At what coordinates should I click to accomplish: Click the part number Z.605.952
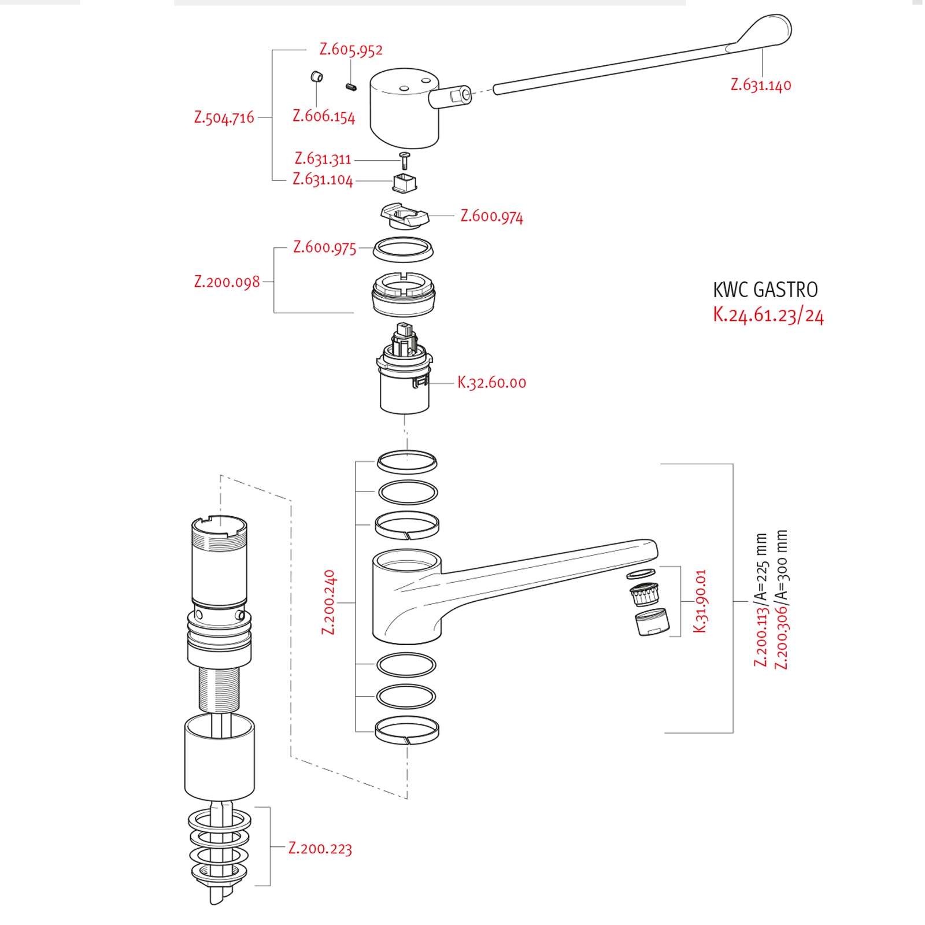[x=351, y=50]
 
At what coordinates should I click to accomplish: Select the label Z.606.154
[x=324, y=116]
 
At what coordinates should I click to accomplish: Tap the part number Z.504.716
[x=224, y=117]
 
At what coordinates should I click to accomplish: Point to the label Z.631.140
[x=761, y=85]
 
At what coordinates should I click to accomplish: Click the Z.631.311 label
[x=323, y=158]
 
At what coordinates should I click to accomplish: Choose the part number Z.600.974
[x=491, y=216]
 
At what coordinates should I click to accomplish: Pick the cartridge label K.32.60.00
[x=491, y=382]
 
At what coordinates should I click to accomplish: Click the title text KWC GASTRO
[x=765, y=290]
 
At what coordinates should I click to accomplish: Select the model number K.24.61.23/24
[x=768, y=315]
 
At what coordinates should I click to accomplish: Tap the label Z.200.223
[x=320, y=848]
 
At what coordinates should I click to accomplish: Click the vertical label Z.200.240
[x=328, y=602]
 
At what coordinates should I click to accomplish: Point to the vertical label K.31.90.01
[x=700, y=601]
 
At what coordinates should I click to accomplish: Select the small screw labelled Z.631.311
[x=405, y=160]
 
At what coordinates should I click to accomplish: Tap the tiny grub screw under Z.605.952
[x=351, y=87]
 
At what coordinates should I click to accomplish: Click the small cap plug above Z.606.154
[x=316, y=77]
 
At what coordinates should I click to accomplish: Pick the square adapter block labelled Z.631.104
[x=405, y=183]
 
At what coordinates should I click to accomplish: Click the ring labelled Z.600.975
[x=403, y=249]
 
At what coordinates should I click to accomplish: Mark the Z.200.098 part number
[x=227, y=282]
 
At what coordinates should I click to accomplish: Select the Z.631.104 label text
[x=323, y=180]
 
